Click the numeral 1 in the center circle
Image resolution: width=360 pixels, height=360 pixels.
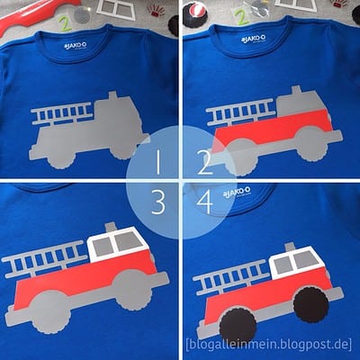157,162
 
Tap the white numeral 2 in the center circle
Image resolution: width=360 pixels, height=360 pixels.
205,163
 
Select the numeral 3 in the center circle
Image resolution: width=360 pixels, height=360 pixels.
158,202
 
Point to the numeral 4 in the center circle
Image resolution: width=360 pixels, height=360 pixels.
204,202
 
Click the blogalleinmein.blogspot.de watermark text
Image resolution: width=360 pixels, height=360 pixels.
268,344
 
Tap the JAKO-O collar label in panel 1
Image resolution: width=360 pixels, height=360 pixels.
76,46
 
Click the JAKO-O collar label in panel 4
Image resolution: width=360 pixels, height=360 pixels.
237,191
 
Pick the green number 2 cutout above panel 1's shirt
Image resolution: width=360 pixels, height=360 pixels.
65,23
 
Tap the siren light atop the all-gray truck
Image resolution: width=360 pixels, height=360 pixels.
112,95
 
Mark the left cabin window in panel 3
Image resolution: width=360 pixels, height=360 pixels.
103,246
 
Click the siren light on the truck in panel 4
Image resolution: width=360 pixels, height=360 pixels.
290,247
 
